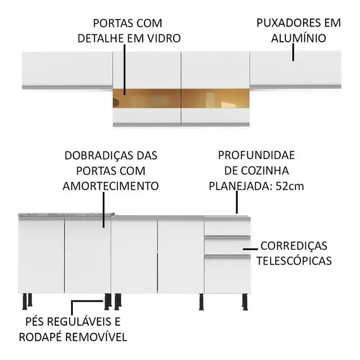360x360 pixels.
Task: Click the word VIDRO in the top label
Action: tap(164, 38)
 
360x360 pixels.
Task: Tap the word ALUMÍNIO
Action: tap(299, 37)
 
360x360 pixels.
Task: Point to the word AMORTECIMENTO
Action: tap(111, 186)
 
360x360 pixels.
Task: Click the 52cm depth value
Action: tap(290, 186)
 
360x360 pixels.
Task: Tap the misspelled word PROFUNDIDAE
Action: tap(256, 155)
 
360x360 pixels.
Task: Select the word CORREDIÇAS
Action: tap(293, 246)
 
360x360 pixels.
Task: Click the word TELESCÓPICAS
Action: tap(294, 261)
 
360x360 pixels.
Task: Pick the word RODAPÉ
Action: tap(41, 337)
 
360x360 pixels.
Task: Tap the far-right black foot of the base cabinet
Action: tap(245, 302)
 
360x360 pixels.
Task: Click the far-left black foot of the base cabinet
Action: tap(24, 301)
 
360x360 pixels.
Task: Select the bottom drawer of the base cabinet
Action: tap(228, 274)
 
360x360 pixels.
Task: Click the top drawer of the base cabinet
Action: tap(228, 228)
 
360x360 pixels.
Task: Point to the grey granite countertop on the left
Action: tap(67, 215)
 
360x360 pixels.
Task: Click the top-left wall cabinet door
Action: tap(67, 69)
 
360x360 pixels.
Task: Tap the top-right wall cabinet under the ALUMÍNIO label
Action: tap(295, 68)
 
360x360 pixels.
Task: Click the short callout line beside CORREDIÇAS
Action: tap(250, 249)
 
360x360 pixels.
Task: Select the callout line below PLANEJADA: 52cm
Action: tap(236, 202)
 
